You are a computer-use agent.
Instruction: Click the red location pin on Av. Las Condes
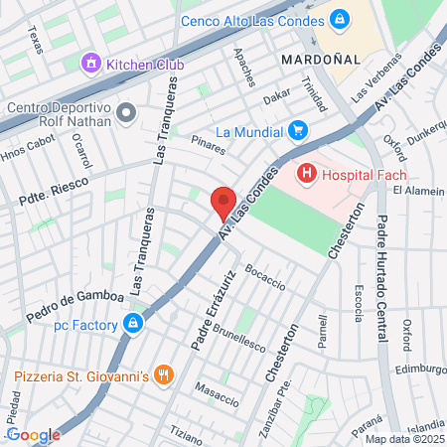pos(223,204)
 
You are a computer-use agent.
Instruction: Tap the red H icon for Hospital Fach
pos(307,175)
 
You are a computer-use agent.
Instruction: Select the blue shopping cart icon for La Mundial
pos(297,130)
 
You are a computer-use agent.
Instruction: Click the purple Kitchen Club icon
pos(92,64)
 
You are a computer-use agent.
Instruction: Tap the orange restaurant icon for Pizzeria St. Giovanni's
pos(165,375)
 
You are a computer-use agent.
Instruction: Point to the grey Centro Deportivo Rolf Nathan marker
pos(125,111)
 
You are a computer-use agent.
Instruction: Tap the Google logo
pos(33,434)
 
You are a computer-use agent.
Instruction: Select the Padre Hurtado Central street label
pos(379,283)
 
